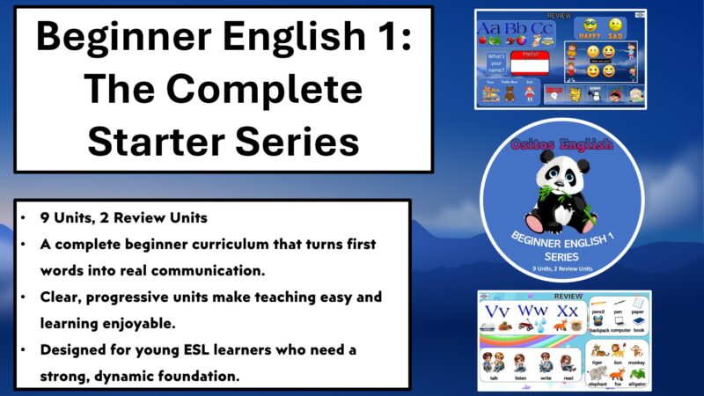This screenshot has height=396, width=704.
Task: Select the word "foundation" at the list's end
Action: (218, 376)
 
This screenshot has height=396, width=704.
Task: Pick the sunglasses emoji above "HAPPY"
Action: (590, 25)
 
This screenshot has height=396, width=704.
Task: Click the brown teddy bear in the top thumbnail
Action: (510, 93)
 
